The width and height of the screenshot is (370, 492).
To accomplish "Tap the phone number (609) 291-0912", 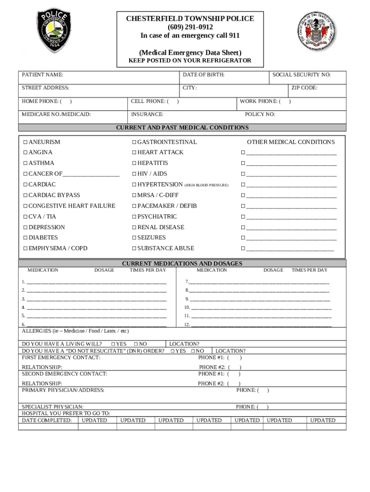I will tap(190, 27).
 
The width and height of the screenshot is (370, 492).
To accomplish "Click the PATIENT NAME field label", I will tap(42, 75).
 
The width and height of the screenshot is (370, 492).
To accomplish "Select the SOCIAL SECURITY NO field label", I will tap(301, 75).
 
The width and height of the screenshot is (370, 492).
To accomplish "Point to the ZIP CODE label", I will tap(304, 88).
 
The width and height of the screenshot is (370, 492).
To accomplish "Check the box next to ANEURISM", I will tap(25, 142).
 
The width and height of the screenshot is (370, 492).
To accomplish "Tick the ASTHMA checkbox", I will tap(25, 163).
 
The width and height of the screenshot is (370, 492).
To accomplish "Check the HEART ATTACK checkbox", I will tap(135, 153).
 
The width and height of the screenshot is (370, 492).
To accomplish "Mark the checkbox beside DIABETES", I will tap(25, 238).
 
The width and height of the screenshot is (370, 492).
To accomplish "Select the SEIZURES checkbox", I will tap(135, 238).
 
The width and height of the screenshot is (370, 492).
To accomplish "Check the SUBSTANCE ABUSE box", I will tap(135, 248).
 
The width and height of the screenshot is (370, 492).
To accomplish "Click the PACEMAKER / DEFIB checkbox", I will tap(135, 206).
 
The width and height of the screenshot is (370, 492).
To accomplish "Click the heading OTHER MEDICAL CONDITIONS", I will tap(291, 142).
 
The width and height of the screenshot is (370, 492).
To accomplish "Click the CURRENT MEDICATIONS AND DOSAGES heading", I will tap(182, 264).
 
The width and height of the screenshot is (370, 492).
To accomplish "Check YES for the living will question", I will tap(113, 344).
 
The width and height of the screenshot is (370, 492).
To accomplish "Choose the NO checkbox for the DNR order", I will tap(193, 351).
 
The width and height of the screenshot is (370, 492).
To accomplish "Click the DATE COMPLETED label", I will tap(47, 420).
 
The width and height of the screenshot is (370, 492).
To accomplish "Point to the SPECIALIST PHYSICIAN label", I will tap(52, 407).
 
